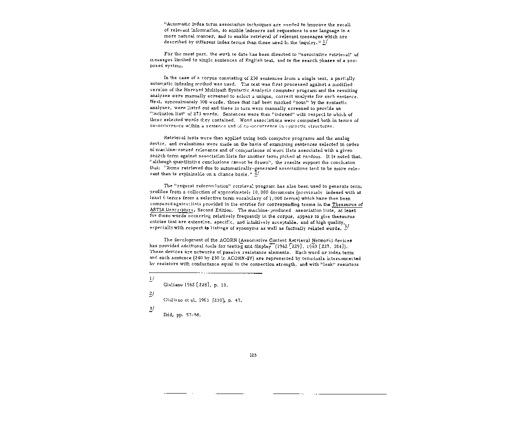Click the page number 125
[x=253, y=355]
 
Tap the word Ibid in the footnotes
[x=168, y=315]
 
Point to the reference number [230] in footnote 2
[x=218, y=300]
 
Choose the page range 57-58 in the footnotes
[x=194, y=315]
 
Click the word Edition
[x=223, y=210]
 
